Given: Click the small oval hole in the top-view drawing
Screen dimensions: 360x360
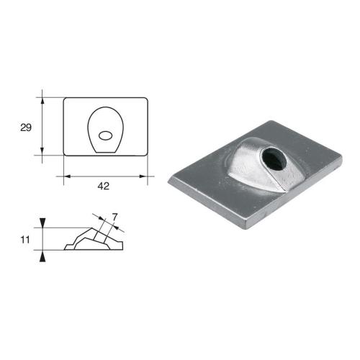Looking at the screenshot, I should [x=105, y=134].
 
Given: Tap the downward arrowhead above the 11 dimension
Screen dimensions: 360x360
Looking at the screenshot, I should [x=43, y=222].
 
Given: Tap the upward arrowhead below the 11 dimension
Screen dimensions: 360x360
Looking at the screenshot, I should [x=43, y=254].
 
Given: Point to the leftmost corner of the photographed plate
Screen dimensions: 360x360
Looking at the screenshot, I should [x=168, y=181].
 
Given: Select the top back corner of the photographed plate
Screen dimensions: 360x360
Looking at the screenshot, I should [x=271, y=120].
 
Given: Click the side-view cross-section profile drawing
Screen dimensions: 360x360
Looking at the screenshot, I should [x=94, y=238].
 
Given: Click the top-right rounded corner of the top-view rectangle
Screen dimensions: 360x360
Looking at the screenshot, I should [x=146, y=100].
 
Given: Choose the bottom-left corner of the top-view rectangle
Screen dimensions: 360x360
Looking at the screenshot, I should [x=65, y=153].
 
